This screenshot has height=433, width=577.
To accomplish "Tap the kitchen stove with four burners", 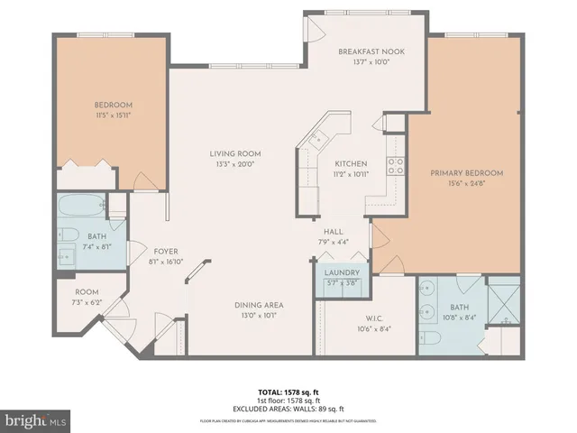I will (394, 165).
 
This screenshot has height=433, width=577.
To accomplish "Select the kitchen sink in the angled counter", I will (317, 140).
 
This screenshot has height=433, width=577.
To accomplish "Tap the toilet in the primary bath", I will (431, 338).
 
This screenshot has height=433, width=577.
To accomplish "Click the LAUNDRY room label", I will (342, 273).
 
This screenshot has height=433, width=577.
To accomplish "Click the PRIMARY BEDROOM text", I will (466, 172).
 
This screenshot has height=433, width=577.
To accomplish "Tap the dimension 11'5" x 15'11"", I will (113, 115).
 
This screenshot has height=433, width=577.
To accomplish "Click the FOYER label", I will (166, 252).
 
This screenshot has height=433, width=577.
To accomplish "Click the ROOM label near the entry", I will (86, 292).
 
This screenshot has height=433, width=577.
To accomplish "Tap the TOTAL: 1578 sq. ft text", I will (288, 392).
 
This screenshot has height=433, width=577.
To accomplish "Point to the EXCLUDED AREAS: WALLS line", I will (288, 410).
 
